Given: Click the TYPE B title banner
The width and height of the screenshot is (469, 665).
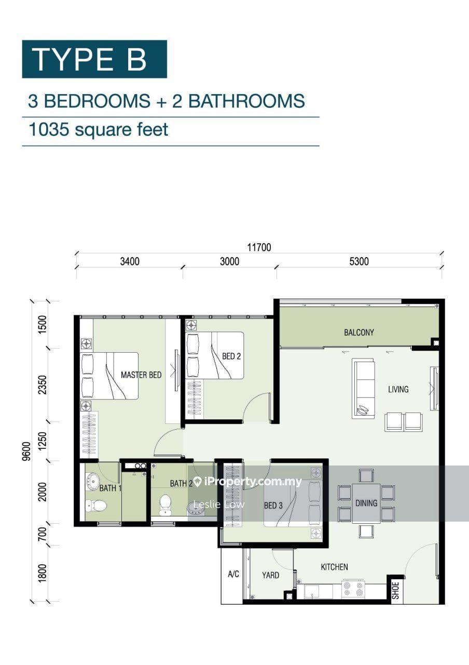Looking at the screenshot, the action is (x=94, y=59).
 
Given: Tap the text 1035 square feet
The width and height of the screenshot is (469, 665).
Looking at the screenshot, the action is (x=99, y=130).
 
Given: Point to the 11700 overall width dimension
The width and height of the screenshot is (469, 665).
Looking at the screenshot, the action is (x=259, y=247).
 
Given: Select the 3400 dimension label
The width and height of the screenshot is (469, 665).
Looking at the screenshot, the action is (x=130, y=261).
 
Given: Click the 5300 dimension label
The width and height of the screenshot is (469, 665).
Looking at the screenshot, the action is (x=359, y=261).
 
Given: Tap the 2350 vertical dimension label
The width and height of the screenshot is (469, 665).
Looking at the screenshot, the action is (x=43, y=385).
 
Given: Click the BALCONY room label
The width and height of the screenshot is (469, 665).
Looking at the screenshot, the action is (x=358, y=332).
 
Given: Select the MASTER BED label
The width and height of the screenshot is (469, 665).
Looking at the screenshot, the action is (x=141, y=375).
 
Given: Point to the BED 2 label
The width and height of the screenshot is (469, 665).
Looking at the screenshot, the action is (x=231, y=356).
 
